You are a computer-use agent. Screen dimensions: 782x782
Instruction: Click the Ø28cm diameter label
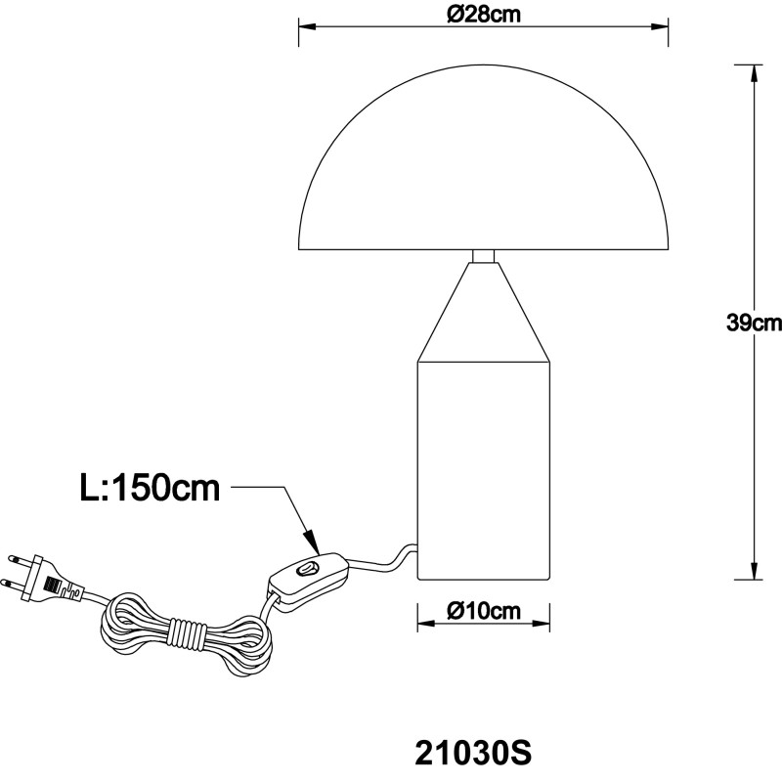[x=483, y=15]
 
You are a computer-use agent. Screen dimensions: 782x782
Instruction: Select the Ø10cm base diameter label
[x=483, y=611]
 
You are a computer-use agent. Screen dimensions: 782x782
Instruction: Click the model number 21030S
[x=473, y=753]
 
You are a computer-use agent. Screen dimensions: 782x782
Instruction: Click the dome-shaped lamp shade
[x=483, y=157]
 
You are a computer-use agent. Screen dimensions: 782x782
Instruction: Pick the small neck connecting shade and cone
[x=483, y=256]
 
